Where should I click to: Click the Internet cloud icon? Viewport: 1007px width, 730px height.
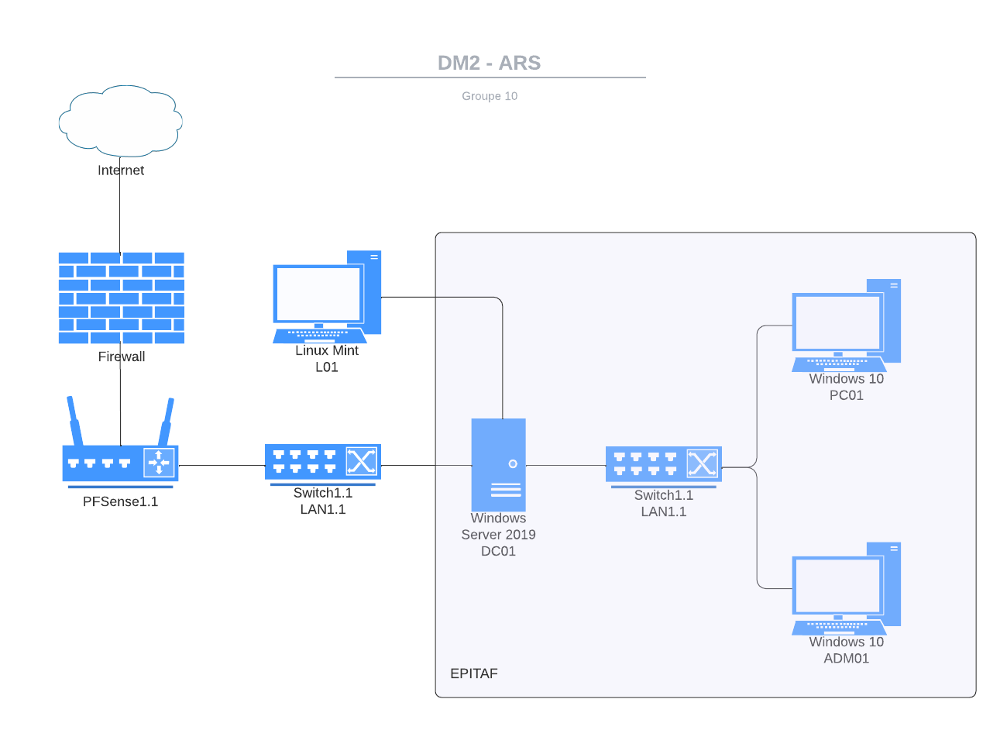click(x=121, y=120)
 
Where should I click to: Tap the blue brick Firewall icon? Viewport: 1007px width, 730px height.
click(x=122, y=298)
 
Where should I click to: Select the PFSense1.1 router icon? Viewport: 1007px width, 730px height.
click(x=120, y=463)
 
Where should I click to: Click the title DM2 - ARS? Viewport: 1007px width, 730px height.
click(x=490, y=63)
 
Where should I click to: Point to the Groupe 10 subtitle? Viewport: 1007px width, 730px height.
click(x=490, y=96)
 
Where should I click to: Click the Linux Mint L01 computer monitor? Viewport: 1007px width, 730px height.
click(x=318, y=294)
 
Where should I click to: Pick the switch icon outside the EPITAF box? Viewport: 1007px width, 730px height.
click(x=322, y=463)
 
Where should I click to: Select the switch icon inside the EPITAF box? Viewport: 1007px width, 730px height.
click(x=663, y=464)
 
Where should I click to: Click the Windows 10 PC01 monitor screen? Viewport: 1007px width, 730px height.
click(x=838, y=323)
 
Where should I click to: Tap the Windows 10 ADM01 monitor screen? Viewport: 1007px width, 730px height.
click(x=838, y=586)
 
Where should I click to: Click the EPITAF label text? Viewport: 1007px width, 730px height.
click(x=474, y=673)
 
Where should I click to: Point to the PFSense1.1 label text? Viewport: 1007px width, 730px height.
click(x=120, y=502)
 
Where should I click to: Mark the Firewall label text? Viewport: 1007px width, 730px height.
click(x=122, y=357)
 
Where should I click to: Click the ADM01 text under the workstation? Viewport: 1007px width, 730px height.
click(x=846, y=659)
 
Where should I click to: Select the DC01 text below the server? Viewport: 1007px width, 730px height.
click(x=498, y=552)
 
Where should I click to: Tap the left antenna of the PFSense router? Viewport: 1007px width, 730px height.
click(x=74, y=421)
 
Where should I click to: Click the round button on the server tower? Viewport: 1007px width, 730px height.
click(x=513, y=464)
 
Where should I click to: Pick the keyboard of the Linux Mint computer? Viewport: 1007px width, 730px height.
click(x=320, y=336)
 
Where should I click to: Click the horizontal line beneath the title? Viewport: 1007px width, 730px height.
click(x=490, y=77)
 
